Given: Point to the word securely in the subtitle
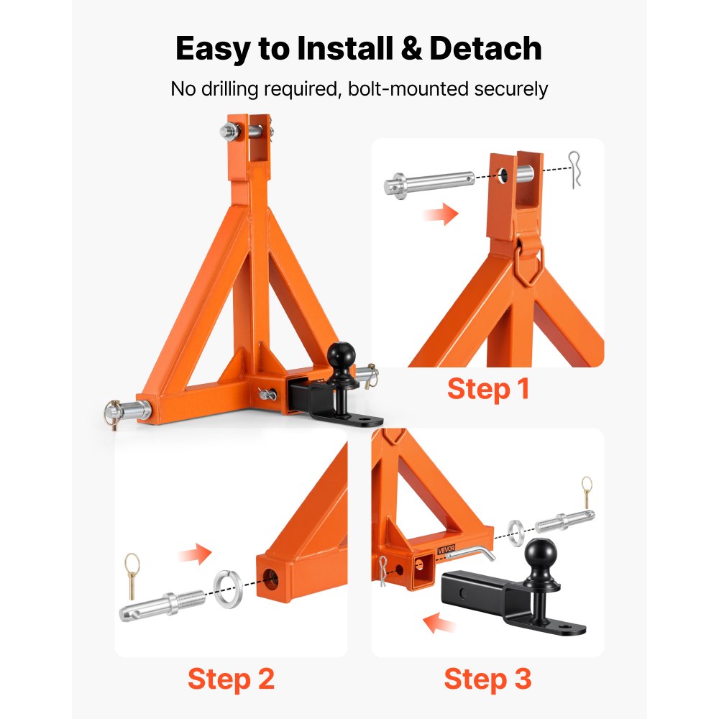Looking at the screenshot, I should (x=506, y=89).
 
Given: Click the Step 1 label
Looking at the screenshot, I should (x=488, y=389).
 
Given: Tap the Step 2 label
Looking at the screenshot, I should (x=231, y=679).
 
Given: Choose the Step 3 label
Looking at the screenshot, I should (x=487, y=679).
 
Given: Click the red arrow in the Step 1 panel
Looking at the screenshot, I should (x=441, y=214).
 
